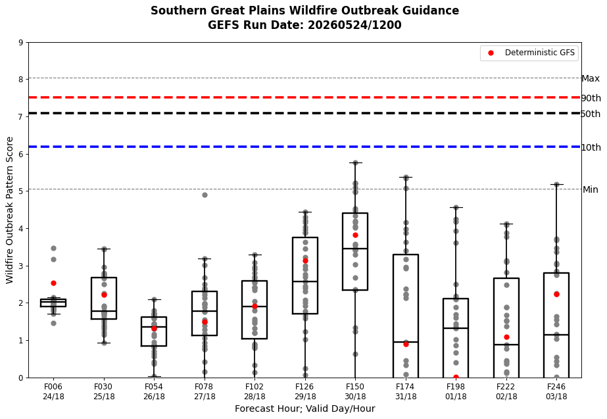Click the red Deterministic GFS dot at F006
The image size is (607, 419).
(x=53, y=283)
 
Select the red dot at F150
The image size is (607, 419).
(x=355, y=235)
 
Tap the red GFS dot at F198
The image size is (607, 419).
(x=456, y=377)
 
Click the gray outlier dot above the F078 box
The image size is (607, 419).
(x=205, y=195)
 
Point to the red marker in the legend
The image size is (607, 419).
(x=491, y=53)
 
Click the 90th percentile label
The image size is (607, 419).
(x=591, y=98)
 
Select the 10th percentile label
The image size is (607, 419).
(x=591, y=147)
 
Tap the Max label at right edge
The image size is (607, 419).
(x=591, y=79)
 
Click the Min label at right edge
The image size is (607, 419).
(x=591, y=189)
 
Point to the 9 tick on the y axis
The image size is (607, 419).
(x=21, y=43)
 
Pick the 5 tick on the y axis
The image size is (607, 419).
(x=21, y=191)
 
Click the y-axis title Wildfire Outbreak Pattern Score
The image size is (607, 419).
(x=9, y=210)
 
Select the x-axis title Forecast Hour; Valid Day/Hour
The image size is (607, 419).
(x=304, y=408)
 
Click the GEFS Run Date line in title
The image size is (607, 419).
(x=304, y=25)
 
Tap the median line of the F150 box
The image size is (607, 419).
(x=355, y=248)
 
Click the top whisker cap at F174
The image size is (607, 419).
(x=406, y=177)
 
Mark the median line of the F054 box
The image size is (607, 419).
(x=154, y=327)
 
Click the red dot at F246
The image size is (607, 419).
(x=556, y=294)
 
